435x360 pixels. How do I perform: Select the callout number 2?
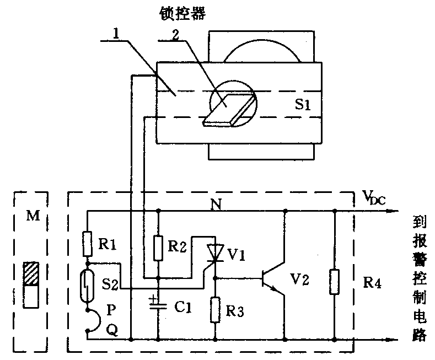pyautogui.click(x=176, y=34)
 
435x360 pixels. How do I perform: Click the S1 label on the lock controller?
pyautogui.click(x=302, y=105)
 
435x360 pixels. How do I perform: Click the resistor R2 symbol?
pyautogui.click(x=158, y=248)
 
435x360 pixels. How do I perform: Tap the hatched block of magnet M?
pyautogui.click(x=30, y=273)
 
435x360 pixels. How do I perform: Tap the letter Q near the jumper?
pyautogui.click(x=111, y=330)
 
